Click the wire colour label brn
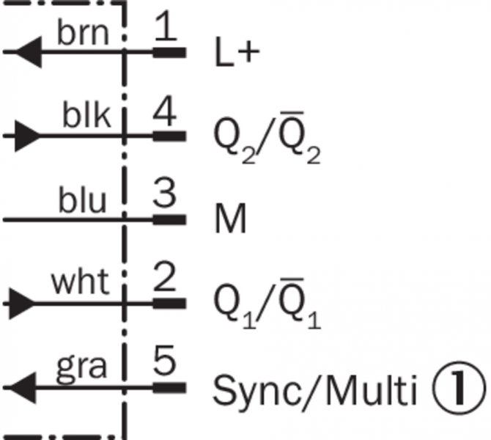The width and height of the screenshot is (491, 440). tap(83, 33)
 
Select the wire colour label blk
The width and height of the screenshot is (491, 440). tap(86, 114)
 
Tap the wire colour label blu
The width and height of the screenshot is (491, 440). tap(82, 199)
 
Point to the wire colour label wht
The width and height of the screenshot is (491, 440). tap(81, 282)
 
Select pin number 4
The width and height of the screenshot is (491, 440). tap(165, 111)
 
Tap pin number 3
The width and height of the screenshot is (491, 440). tap(164, 194)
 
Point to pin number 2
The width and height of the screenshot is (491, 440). tap(165, 277)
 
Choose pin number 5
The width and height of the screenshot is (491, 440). tap(164, 360)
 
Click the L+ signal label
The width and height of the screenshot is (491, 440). tap(237, 52)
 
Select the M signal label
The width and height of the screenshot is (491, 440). tap(231, 219)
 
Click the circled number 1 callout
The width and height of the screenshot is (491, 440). tap(459, 388)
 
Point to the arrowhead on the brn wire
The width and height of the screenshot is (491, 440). tap(29, 52)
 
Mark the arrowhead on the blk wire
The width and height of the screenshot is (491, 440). tap(28, 136)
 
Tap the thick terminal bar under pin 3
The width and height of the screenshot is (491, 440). tap(169, 220)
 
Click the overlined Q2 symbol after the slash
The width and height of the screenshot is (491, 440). tap(300, 137)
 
